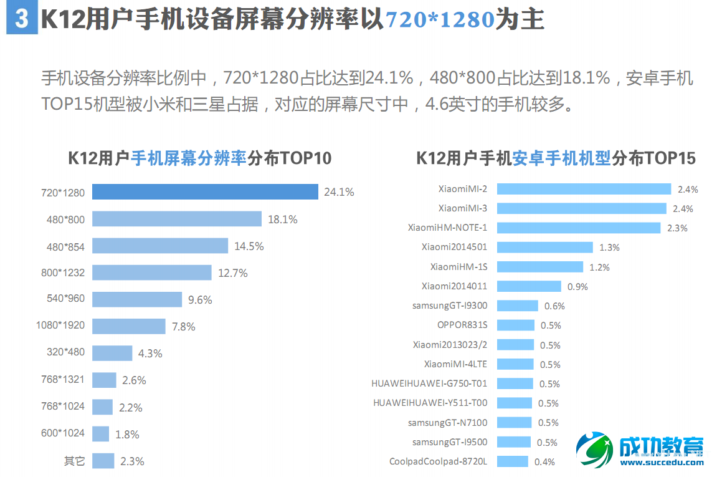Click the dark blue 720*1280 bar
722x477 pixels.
pos(205,192)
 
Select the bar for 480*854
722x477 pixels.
pos(160,246)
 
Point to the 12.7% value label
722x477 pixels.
pos(233,273)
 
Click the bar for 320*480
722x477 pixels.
pos(112,353)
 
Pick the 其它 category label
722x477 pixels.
pos(74,461)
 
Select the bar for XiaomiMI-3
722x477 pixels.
pos(582,208)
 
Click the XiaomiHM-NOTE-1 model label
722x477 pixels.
pos(447,228)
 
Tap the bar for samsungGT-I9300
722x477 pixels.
pos(518,306)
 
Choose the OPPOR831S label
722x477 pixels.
pos(462,325)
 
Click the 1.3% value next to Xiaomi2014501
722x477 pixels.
pos(609,248)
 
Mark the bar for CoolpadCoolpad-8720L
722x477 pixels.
pos(513,461)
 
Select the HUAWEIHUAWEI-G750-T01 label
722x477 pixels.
pos(429,383)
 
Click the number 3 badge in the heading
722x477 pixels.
pos(21,19)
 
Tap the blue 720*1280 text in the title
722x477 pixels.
pos(440,20)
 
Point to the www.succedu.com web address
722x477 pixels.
pos(662,463)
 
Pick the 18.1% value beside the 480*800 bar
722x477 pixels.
pos(282,219)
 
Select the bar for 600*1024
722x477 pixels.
pos(100,434)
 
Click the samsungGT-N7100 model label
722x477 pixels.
pos(447,423)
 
